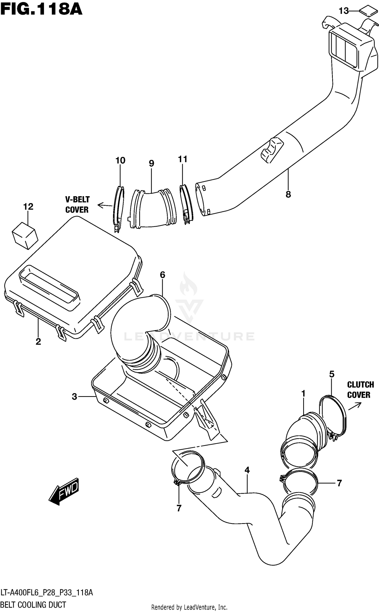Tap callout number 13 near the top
(x=344, y=11)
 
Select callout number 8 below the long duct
(x=288, y=194)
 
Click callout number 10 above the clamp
(x=120, y=161)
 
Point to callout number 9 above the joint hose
(x=151, y=164)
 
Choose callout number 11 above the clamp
(x=183, y=159)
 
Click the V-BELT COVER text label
(x=77, y=205)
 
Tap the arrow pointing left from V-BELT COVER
(x=104, y=206)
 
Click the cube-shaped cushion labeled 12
(x=25, y=236)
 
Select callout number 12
(x=28, y=207)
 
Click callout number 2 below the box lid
(x=38, y=342)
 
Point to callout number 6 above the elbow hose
(x=162, y=275)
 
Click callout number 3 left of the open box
(x=74, y=397)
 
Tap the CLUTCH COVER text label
(x=360, y=390)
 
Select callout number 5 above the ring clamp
(x=331, y=374)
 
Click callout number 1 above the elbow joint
(x=303, y=394)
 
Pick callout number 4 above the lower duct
(x=247, y=470)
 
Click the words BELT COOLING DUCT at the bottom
(x=34, y=605)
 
